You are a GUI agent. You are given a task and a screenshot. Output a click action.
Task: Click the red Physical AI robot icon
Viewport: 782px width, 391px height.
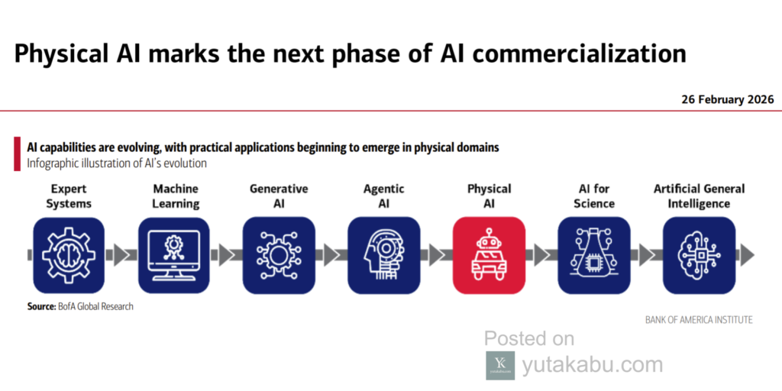[x=489, y=255]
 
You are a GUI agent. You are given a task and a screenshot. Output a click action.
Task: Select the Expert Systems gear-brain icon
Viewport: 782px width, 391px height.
[x=69, y=255]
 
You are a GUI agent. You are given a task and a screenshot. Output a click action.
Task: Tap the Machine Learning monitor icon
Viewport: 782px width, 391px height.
[x=174, y=255]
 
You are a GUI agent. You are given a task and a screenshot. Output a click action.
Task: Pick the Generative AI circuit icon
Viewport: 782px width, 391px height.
[x=279, y=255]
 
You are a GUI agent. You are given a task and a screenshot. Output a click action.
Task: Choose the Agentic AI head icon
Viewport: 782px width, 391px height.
[x=384, y=255]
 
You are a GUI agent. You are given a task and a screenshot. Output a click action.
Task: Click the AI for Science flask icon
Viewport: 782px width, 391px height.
[x=594, y=255]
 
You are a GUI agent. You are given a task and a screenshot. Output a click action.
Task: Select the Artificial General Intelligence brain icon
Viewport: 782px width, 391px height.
[x=700, y=255]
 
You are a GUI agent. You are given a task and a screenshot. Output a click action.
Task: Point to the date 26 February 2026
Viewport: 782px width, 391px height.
[x=728, y=99]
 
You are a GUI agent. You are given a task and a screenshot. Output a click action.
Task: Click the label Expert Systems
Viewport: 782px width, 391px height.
[x=69, y=196]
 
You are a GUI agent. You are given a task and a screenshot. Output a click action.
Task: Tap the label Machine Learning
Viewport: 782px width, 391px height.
[x=176, y=196]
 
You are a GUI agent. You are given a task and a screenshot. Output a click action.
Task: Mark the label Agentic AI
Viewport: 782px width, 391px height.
[x=383, y=196]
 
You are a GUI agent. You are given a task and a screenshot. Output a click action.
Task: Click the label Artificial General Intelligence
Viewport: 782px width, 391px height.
[x=700, y=196]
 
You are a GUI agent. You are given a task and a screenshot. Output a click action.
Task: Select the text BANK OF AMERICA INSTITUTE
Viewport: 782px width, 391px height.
[x=699, y=320]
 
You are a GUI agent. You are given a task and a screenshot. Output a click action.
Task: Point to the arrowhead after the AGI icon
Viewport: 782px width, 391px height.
[x=746, y=255]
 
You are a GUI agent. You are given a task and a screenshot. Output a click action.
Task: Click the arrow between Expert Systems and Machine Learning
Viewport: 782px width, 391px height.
[x=121, y=255]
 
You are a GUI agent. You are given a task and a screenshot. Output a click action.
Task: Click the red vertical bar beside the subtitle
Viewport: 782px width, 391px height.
[x=18, y=154]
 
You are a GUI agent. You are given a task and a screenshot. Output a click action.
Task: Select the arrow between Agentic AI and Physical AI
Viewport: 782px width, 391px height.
[x=436, y=255]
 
